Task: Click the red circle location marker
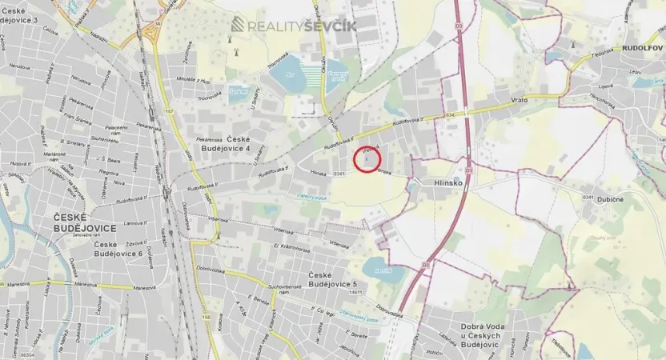367,158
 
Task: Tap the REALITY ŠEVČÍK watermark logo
294,26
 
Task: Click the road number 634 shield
451,114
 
